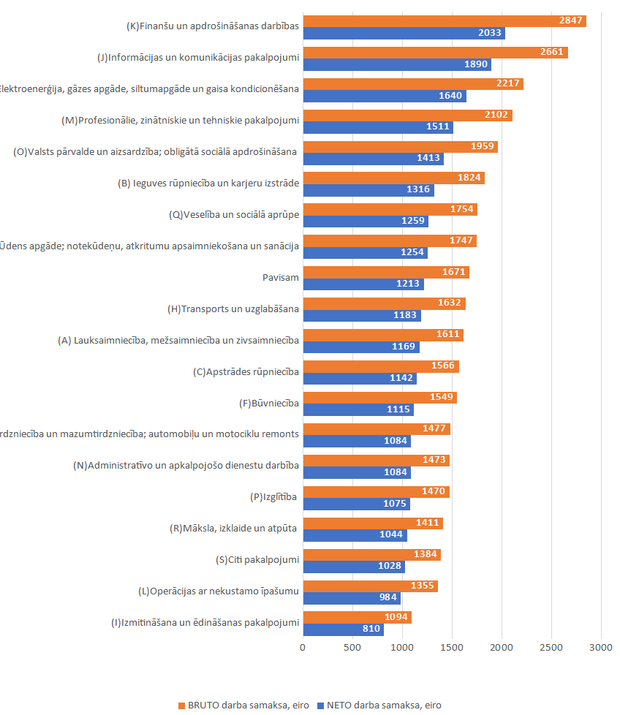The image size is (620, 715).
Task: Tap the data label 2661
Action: point(552,52)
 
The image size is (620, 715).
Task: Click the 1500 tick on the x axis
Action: point(452,648)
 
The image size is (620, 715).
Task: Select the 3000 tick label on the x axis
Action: point(601,648)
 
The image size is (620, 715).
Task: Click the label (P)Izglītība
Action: point(274,497)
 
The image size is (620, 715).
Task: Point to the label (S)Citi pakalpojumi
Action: point(257,560)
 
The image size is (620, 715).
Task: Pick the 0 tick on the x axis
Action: point(303,648)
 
